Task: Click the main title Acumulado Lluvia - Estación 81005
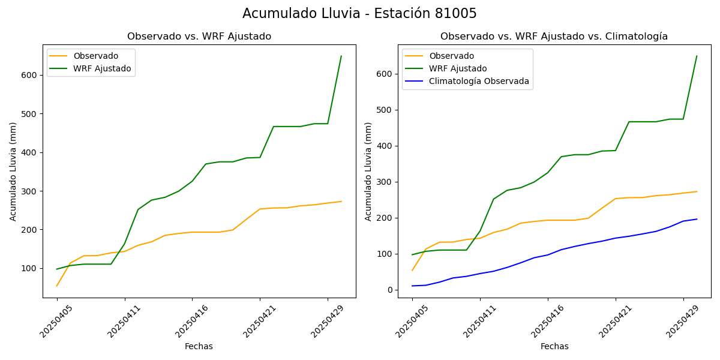pos(359,14)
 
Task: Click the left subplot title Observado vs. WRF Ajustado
pos(199,37)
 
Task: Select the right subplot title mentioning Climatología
pos(554,37)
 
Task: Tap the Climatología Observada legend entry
pos(479,82)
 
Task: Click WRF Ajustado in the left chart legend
pos(102,68)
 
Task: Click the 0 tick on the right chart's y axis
pos(390,290)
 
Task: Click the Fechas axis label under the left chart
pos(199,346)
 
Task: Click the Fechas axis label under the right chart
pos(554,346)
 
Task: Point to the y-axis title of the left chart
pos(13,171)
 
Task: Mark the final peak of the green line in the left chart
pos(341,56)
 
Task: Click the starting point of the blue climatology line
pos(412,286)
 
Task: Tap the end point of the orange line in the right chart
pos(697,191)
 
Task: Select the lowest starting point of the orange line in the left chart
pos(57,286)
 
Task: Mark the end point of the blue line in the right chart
pos(697,219)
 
